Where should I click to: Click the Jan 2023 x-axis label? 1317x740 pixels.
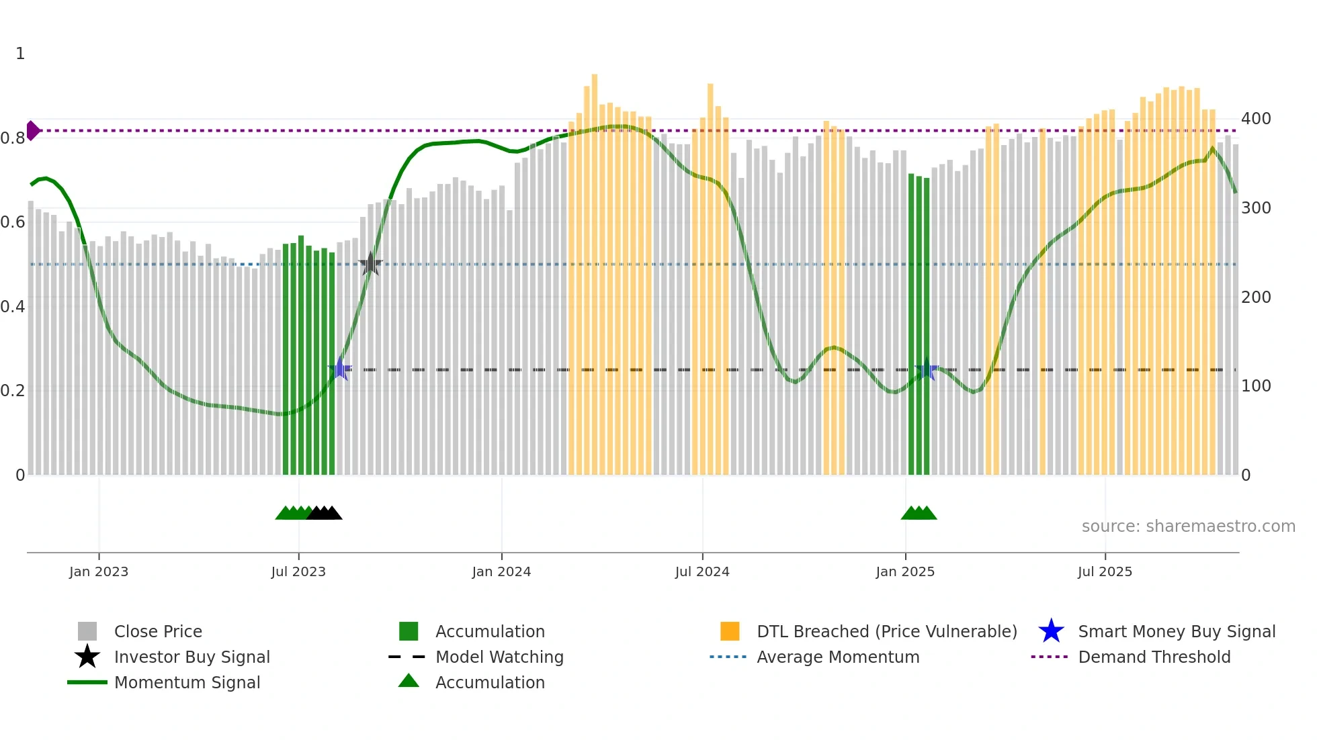[x=98, y=571]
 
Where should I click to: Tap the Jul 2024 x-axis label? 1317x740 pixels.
[x=702, y=571]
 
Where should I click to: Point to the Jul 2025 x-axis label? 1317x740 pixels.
[x=1105, y=571]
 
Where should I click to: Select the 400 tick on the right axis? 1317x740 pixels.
[x=1256, y=119]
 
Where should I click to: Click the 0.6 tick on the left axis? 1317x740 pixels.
[x=12, y=222]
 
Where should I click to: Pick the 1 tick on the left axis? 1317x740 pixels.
[x=20, y=54]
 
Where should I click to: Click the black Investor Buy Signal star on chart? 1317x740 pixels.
[x=370, y=265]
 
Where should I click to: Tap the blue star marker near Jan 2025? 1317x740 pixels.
[x=927, y=369]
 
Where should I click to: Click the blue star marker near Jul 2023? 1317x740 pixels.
[x=341, y=369]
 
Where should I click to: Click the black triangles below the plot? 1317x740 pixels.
[x=325, y=513]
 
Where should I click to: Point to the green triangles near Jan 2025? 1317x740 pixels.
[x=919, y=513]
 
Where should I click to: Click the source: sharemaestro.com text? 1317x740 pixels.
[x=1188, y=526]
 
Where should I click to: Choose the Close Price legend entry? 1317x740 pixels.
[x=158, y=631]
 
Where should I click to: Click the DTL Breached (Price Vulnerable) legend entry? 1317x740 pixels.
[x=886, y=631]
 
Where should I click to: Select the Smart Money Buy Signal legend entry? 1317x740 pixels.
[x=1176, y=631]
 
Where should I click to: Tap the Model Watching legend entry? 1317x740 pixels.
[x=499, y=657]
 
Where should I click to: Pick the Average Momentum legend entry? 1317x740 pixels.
[x=837, y=657]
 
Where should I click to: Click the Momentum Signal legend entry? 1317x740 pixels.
[x=187, y=682]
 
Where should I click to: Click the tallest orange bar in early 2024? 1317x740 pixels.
[x=595, y=269]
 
